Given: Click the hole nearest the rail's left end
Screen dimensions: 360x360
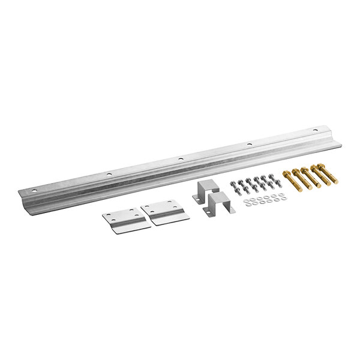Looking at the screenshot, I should [34, 188].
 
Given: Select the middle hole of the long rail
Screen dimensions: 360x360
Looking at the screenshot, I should [180, 159].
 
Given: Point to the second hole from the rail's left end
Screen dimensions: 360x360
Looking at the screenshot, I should [109, 174].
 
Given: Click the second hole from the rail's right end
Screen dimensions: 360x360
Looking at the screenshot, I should [249, 144].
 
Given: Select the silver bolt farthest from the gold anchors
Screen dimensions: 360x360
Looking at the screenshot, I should [233, 188].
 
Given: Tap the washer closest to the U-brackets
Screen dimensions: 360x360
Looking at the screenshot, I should [246, 205].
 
